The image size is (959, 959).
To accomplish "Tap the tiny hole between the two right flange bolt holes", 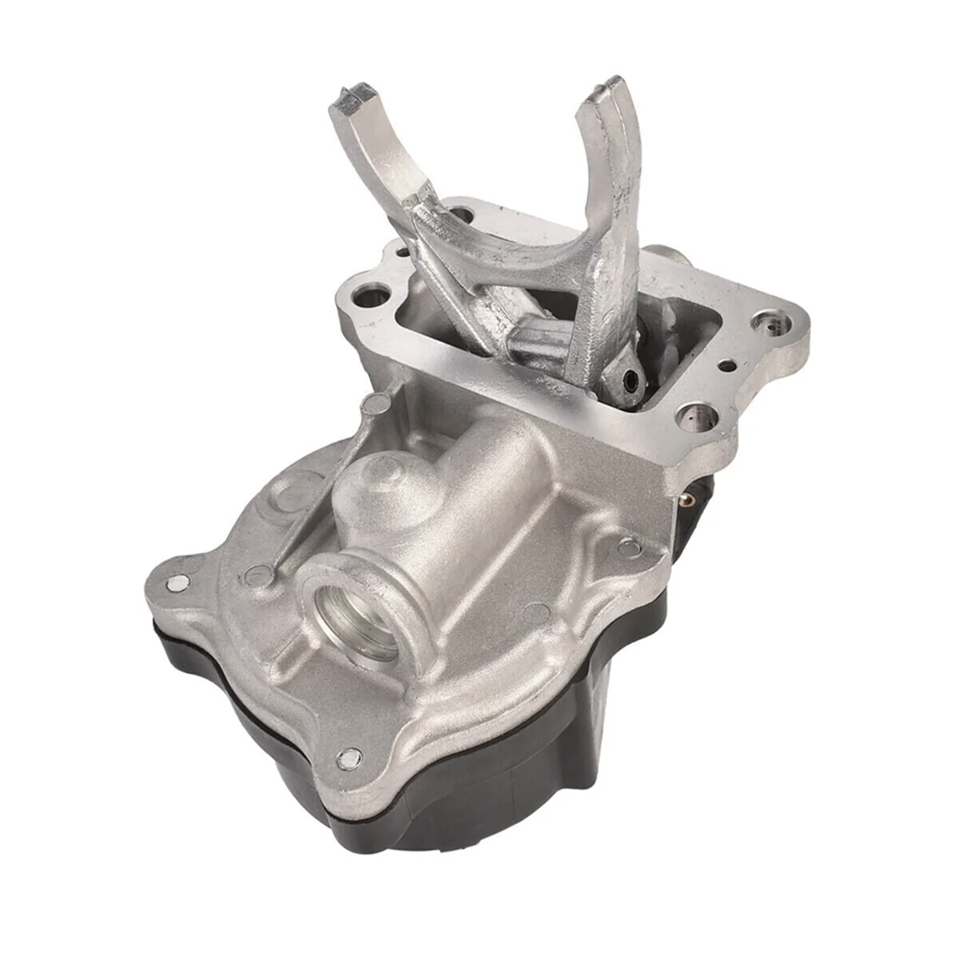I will [x=728, y=367].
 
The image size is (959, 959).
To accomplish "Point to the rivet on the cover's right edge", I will [x=629, y=547].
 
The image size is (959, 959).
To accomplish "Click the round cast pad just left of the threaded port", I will [x=260, y=573].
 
